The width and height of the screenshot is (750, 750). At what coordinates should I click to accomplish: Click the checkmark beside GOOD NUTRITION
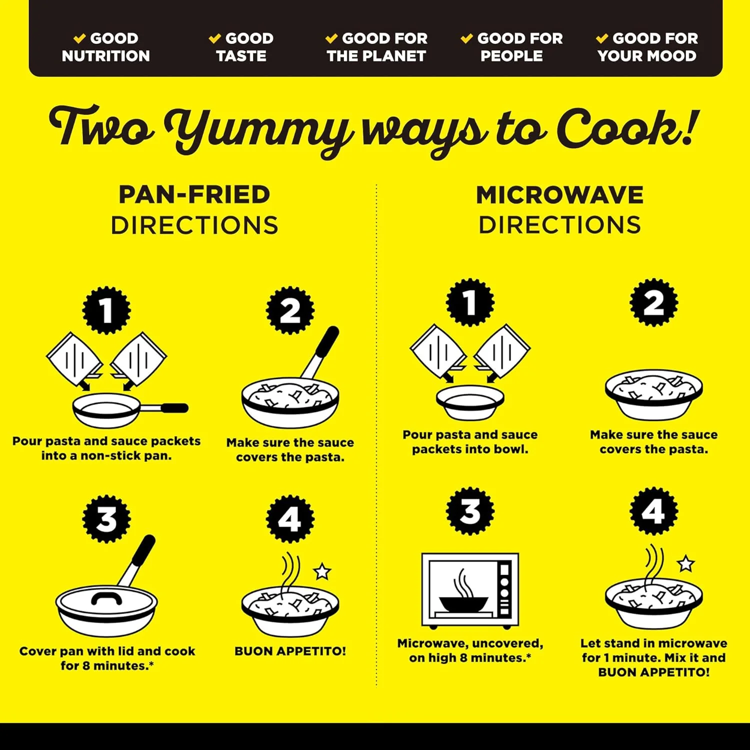click(80, 38)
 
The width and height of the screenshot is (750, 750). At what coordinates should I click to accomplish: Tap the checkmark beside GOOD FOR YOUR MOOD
click(602, 38)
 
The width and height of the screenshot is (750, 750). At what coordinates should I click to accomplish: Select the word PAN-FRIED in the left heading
click(194, 194)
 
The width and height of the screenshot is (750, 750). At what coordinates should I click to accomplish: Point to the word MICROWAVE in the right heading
click(559, 195)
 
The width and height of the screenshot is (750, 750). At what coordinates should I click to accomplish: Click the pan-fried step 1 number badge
click(106, 310)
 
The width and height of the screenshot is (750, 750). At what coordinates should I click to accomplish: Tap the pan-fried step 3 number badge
click(106, 519)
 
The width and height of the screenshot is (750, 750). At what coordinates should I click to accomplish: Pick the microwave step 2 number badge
click(653, 302)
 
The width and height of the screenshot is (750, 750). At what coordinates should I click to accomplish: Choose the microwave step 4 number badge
click(653, 511)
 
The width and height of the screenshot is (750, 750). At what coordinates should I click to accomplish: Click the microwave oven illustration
click(470, 590)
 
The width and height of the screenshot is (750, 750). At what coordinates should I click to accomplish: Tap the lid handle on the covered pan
click(106, 597)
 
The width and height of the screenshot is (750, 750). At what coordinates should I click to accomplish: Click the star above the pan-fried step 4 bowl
click(322, 571)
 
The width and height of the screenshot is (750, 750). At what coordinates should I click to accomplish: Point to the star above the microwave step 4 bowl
click(685, 563)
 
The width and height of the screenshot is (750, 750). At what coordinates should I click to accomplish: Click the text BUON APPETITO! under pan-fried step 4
click(290, 651)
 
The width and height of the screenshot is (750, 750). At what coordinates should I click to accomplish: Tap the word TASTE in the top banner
click(241, 55)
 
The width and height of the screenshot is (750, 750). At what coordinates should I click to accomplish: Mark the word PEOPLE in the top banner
click(511, 55)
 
